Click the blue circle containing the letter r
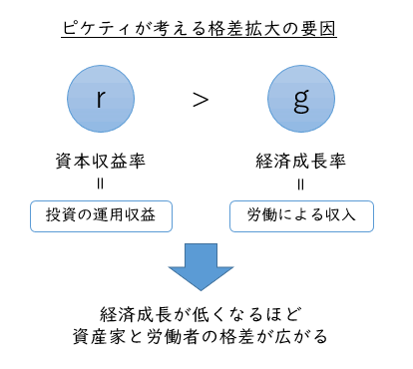[x=101, y=99]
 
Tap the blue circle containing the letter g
[x=301, y=99]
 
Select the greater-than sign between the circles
[x=201, y=100]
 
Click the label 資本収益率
[x=101, y=161]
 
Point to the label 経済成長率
[x=301, y=161]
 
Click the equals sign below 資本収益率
[x=101, y=184]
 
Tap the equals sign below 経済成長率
[x=301, y=184]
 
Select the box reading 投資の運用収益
[x=101, y=216]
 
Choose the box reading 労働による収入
[x=301, y=216]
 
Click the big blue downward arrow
[x=201, y=267]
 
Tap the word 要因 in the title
[x=318, y=28]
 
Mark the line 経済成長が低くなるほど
[x=202, y=314]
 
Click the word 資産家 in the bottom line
[x=100, y=336]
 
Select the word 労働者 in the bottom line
[x=173, y=336]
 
